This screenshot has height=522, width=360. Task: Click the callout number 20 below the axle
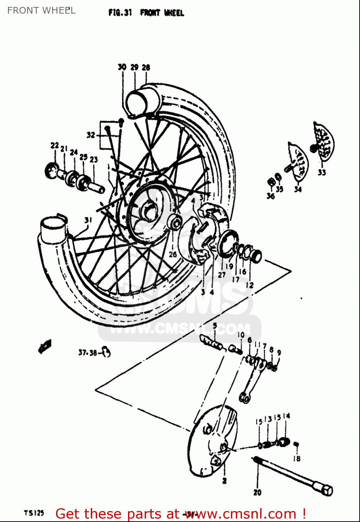coord(257,492)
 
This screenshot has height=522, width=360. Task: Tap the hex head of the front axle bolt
coord(327,490)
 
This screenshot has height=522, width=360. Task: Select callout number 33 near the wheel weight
coord(322,172)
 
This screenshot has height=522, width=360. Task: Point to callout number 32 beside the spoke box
coord(91,135)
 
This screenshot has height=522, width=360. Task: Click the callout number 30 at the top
coord(122,67)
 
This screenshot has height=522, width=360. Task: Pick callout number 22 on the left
coord(55,145)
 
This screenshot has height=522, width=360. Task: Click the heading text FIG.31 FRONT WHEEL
coord(146,13)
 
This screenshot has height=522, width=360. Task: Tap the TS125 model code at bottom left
coord(34,513)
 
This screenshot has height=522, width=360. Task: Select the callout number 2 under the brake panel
coord(224,481)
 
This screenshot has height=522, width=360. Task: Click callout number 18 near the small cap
coord(296,459)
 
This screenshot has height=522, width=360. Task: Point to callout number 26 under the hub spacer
coord(173,254)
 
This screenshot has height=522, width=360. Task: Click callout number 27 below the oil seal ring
coord(222,275)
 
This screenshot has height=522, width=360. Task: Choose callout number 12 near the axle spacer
coord(250,285)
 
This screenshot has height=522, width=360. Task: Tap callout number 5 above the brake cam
coord(215,326)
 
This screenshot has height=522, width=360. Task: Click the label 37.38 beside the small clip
coord(88,353)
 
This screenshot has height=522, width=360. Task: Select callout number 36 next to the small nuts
coord(271,196)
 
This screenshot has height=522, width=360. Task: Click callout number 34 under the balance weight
coord(298,189)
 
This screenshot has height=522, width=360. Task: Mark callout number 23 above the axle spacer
coord(94,159)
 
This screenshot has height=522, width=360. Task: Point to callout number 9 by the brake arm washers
coord(279,353)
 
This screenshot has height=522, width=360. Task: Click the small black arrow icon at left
coord(45,346)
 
